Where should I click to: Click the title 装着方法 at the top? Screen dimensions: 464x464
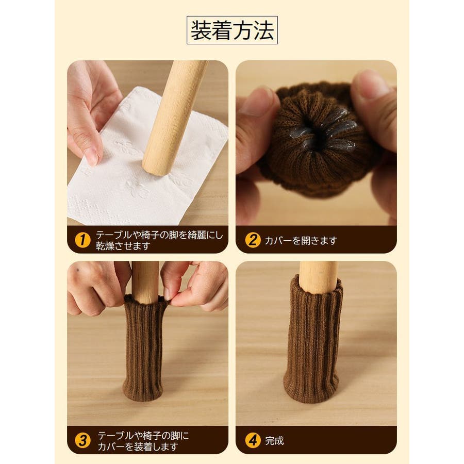[x=232, y=30]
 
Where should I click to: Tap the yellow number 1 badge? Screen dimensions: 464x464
[x=82, y=240]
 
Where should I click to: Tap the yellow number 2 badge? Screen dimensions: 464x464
[x=253, y=240]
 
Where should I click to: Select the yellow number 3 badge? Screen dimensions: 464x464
[x=82, y=441]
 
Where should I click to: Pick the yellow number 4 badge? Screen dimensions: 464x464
[x=253, y=441]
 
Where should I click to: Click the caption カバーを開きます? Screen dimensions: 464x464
[x=301, y=241]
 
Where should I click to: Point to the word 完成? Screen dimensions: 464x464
[x=274, y=441]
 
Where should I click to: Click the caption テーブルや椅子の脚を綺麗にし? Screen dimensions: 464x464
[x=159, y=235]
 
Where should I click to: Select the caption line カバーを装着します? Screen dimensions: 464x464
[x=138, y=446]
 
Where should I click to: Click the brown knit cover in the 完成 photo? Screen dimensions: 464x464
[x=312, y=340]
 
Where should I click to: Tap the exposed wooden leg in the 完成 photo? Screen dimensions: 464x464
[x=318, y=277]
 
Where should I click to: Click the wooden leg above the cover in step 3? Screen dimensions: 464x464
[x=145, y=281]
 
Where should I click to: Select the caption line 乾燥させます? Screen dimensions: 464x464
[x=123, y=246]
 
